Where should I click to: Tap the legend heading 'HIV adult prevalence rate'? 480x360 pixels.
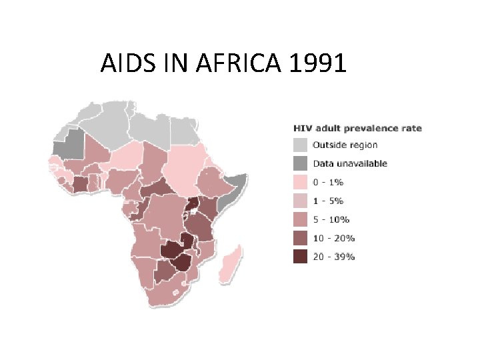(357, 128)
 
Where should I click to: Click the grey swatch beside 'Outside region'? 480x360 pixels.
(300, 145)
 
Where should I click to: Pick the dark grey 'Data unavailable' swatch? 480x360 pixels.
(300, 163)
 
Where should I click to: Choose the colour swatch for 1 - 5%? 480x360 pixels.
(300, 201)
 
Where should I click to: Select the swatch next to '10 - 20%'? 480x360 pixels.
(300, 238)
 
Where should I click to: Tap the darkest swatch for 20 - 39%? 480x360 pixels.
(300, 257)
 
